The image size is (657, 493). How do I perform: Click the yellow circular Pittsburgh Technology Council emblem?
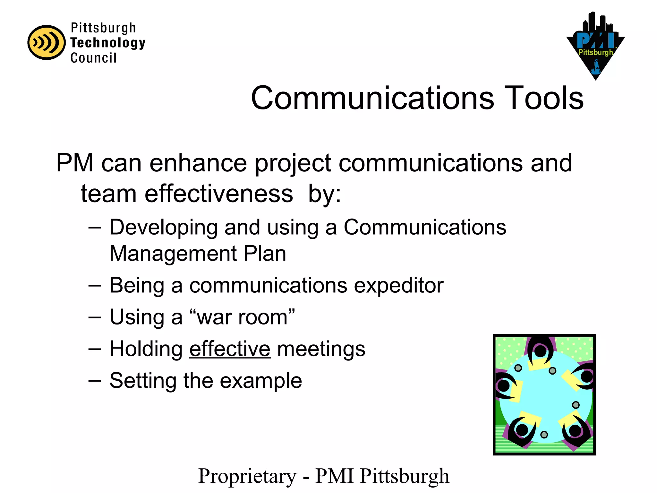(47, 42)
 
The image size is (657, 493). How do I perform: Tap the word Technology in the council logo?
(108, 43)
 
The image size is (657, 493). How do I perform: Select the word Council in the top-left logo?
(93, 58)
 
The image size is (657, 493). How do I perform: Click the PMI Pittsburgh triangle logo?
(595, 47)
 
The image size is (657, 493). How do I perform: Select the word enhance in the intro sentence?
(198, 163)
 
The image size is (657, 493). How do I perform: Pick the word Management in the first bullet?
(173, 254)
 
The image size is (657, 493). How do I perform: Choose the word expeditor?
(398, 285)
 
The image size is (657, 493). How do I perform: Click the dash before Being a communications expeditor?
(95, 285)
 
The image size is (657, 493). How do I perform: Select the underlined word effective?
(230, 349)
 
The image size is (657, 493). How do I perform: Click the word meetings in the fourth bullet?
(321, 349)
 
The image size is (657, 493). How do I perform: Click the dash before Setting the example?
(95, 381)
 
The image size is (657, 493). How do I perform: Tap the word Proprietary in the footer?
(247, 476)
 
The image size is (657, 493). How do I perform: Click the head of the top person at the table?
(540, 351)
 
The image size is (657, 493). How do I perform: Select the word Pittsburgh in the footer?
(405, 476)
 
